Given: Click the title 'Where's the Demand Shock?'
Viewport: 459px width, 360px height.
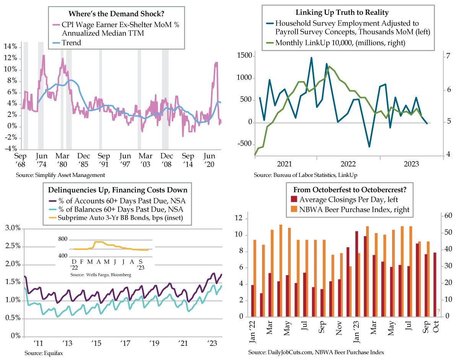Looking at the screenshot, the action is point(116,14).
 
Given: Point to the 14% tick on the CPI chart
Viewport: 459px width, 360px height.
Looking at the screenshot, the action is point(10,46).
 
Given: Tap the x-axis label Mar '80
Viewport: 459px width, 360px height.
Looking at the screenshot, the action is point(62,160).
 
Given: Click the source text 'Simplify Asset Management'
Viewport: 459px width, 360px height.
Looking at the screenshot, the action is point(70,175).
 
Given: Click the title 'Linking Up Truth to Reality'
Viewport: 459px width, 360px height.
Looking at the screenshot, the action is point(342,13).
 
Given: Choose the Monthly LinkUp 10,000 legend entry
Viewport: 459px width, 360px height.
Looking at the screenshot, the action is point(336,43).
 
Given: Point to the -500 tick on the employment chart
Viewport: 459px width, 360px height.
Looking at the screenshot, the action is point(245,144).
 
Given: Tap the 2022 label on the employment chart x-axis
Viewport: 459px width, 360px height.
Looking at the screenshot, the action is point(348,164).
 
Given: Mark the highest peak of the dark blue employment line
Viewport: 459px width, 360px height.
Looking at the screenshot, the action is point(311,57).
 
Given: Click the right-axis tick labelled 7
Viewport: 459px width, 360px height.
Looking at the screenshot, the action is point(448,56).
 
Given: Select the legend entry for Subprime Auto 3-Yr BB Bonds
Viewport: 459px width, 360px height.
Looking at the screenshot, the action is point(116,218).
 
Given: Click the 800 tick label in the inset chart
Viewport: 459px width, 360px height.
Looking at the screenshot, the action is point(63,239).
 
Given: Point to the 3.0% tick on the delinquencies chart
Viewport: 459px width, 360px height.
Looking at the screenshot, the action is point(13,228).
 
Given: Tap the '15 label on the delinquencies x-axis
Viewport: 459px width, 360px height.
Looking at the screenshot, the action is point(96,343).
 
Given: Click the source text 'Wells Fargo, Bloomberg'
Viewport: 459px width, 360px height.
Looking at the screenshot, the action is point(109,275).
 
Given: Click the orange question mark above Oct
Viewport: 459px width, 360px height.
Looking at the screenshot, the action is point(438,311).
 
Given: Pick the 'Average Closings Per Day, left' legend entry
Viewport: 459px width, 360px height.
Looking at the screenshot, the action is point(344,199).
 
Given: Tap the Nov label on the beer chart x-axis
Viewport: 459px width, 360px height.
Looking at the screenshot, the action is point(339,328).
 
